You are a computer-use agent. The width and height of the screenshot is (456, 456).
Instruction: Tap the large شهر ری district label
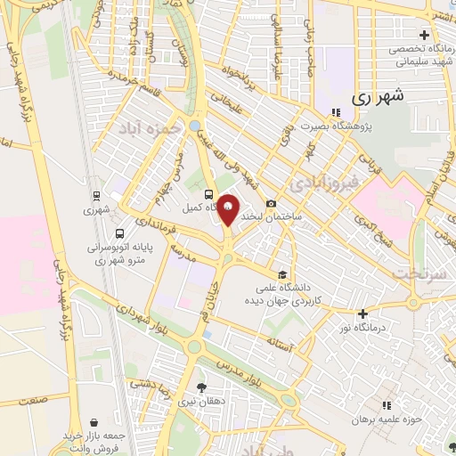tap(379, 97)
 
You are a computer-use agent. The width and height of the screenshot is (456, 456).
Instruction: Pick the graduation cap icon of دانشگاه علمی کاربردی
tap(283, 274)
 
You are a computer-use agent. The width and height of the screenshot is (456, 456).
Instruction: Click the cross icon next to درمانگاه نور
tap(362, 313)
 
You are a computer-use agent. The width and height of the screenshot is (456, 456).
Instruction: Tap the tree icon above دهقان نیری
tap(201, 387)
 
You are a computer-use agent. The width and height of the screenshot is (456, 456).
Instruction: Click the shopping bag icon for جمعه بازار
tap(95, 421)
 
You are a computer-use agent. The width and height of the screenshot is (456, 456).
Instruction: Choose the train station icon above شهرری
tap(95, 195)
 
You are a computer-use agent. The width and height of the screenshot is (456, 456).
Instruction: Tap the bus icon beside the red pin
tap(208, 194)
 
